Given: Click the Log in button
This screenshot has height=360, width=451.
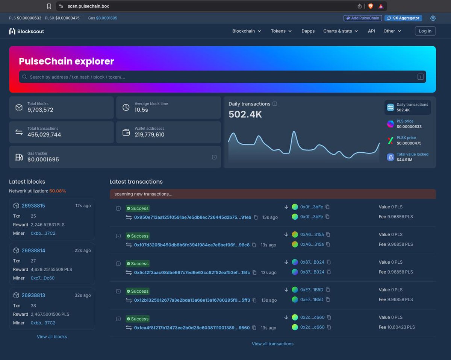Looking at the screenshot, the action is point(425,31).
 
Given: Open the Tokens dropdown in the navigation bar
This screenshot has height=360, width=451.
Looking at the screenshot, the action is point(281,31).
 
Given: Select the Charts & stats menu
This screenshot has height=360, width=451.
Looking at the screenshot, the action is point(341,31).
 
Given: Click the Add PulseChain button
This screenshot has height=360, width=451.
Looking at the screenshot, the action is point(363,18).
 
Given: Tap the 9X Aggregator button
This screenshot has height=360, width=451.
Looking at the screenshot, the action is point(403,18).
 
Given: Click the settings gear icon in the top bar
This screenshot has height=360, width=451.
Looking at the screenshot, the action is point(433,18).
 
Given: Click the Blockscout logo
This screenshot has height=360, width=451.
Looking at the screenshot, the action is point(26,31).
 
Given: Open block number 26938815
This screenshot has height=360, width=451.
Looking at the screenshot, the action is point(33,206).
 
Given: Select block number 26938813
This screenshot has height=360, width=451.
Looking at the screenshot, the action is point(33,295).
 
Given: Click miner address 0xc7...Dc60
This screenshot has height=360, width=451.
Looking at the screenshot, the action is point(42,278).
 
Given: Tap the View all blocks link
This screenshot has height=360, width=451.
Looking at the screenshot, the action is point(52,337).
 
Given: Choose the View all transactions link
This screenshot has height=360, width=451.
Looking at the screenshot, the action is point(272,344).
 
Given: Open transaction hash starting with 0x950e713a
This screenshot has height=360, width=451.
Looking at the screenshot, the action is point(192,217).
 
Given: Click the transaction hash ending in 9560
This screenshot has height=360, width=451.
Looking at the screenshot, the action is point(192,328).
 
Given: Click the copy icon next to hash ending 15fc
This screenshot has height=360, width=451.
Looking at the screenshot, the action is point(254,272).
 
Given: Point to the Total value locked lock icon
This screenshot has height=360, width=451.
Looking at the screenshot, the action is point(390,157).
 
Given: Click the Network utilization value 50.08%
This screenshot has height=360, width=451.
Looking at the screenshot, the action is point(58,191).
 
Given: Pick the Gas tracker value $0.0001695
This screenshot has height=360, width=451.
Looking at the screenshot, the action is point(43,159).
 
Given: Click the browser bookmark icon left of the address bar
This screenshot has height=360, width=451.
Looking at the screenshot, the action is point(49,6).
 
